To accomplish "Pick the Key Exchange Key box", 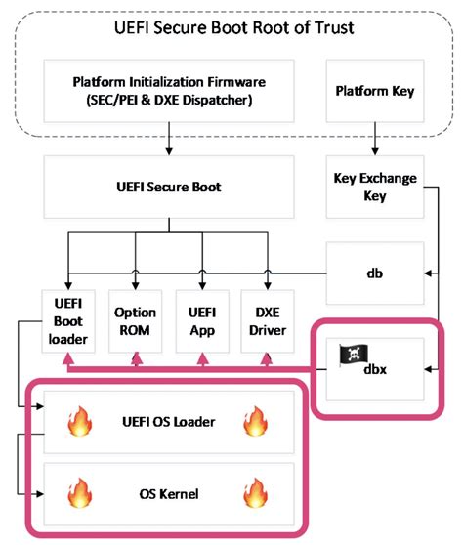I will [374, 188].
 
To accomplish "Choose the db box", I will [374, 272].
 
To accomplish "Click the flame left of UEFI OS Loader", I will [77, 421].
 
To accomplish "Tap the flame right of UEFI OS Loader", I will [256, 421].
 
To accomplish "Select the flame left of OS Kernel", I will [77, 492].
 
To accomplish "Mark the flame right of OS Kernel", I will [256, 492].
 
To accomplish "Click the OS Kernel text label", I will [168, 493].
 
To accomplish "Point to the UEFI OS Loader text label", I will [168, 421].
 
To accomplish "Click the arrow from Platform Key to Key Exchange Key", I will [374, 142].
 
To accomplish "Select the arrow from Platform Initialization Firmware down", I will [169, 142].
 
